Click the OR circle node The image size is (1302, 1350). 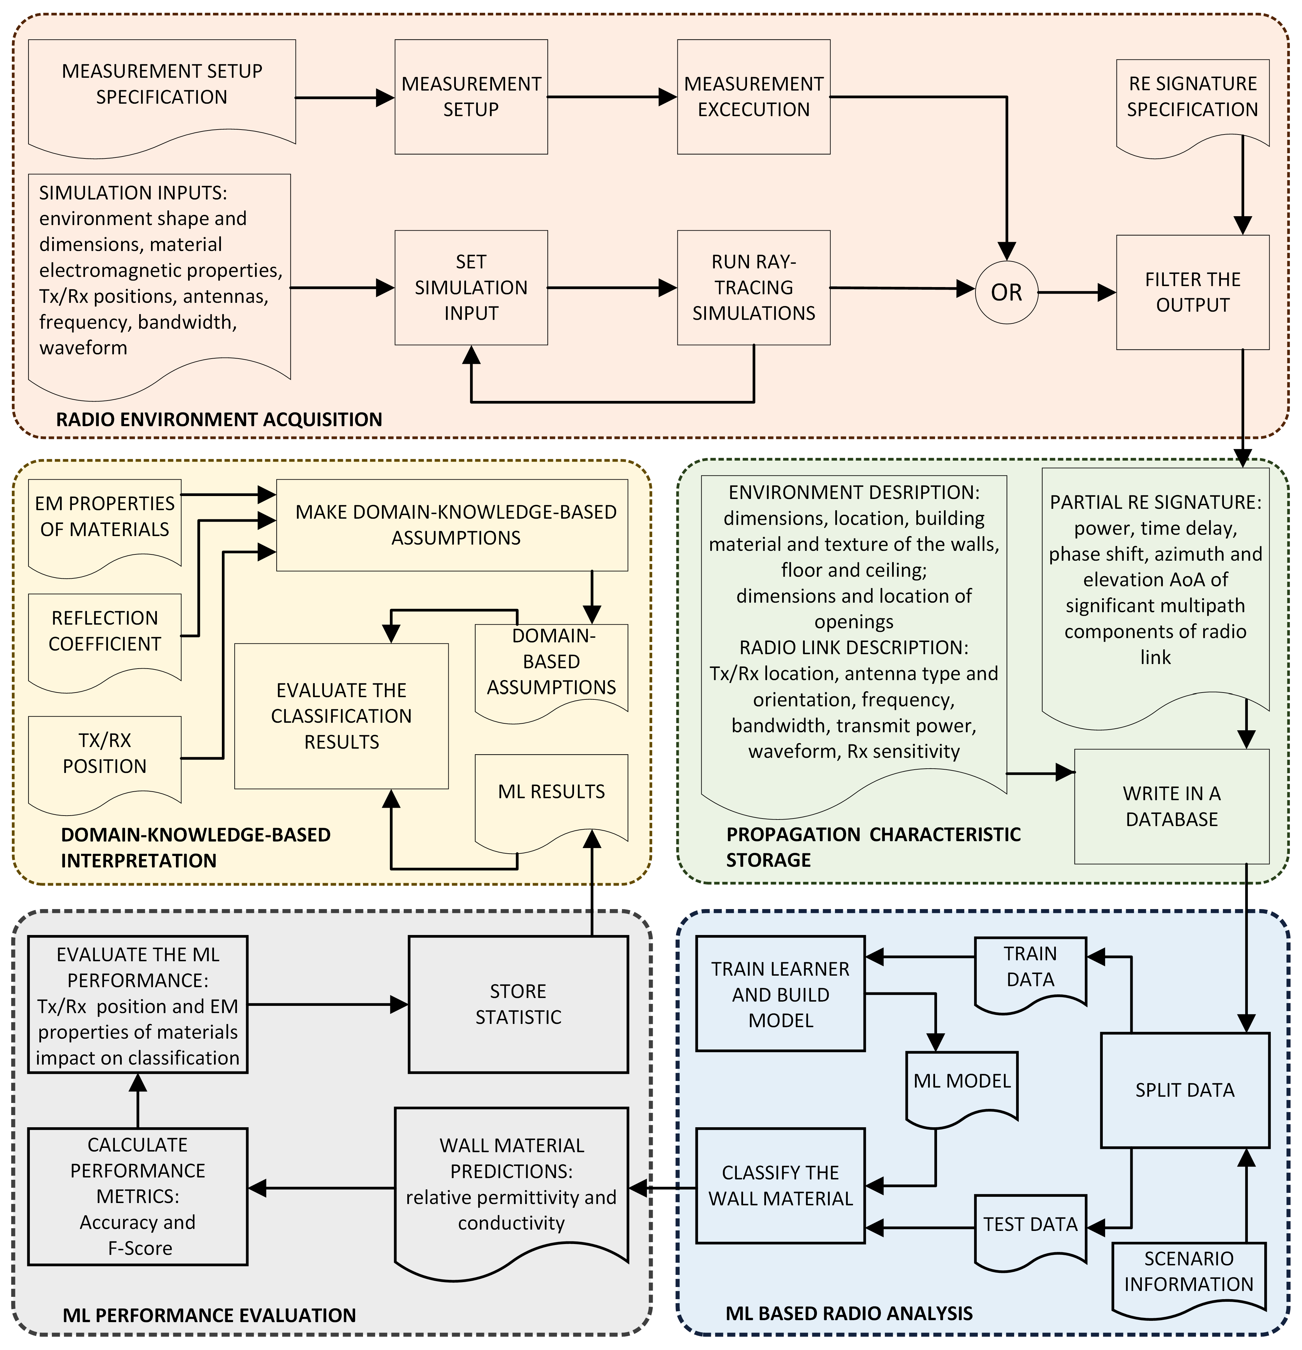click(x=1007, y=292)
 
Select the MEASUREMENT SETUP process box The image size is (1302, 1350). click(x=471, y=96)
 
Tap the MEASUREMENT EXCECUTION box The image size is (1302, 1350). click(x=754, y=96)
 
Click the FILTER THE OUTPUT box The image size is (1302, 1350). click(x=1192, y=292)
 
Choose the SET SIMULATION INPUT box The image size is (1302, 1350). click(x=471, y=287)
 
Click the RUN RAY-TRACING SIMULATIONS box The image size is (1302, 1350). click(x=754, y=287)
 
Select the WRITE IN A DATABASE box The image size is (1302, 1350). click(x=1172, y=806)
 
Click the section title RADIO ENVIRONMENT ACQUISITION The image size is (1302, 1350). click(x=219, y=420)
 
